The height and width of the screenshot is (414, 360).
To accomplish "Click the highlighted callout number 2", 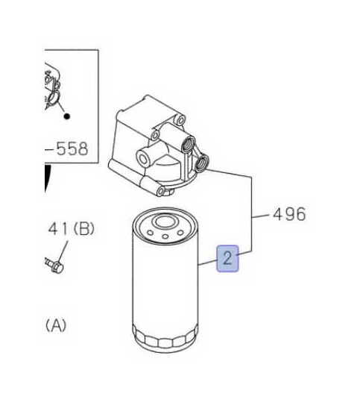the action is pyautogui.click(x=227, y=258).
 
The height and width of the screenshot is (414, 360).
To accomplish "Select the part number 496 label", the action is pyautogui.click(x=289, y=214).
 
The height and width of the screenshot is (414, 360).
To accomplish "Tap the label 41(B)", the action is pyautogui.click(x=71, y=229).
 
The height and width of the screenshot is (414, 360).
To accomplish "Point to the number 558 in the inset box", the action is pyautogui.click(x=72, y=148).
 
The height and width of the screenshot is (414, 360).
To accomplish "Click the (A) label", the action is pyautogui.click(x=56, y=325).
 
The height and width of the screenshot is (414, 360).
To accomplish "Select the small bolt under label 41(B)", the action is pyautogui.click(x=54, y=266).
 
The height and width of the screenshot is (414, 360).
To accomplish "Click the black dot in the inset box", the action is pyautogui.click(x=67, y=116).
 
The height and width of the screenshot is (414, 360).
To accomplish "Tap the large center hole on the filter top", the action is pyautogui.click(x=165, y=222).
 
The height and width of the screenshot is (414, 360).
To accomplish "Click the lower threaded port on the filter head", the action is pyautogui.click(x=202, y=163).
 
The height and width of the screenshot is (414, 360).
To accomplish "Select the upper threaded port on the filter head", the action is pyautogui.click(x=188, y=144).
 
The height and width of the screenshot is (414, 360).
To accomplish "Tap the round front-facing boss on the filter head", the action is pyautogui.click(x=144, y=159).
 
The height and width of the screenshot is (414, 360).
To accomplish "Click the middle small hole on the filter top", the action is pyautogui.click(x=165, y=236).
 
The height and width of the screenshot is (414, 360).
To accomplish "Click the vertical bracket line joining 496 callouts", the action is pyautogui.click(x=252, y=214).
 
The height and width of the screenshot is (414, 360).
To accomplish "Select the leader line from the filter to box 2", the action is pyautogui.click(x=207, y=263).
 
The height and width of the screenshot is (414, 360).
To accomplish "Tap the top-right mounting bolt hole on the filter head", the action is pyautogui.click(x=180, y=120).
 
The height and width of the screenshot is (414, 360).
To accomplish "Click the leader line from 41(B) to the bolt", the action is pyautogui.click(x=63, y=251).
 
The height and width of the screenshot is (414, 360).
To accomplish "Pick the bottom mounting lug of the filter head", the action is pyautogui.click(x=162, y=191).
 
